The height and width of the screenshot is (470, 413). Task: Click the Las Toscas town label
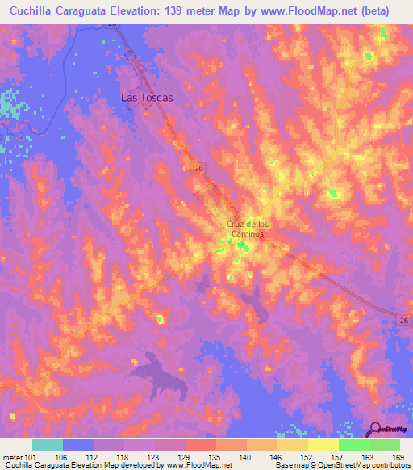point(147,97)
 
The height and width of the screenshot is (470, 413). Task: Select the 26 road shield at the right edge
point(405,321)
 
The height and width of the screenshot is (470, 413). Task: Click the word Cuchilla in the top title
point(33,11)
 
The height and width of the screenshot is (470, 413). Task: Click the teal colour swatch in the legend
point(48,445)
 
